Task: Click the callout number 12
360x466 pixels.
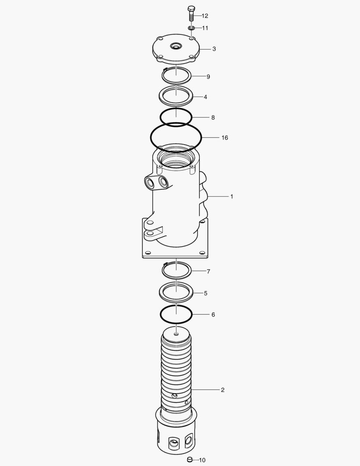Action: pyautogui.click(x=205, y=16)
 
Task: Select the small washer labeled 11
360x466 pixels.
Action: pyautogui.click(x=191, y=28)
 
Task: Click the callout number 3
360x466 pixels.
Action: pyautogui.click(x=214, y=49)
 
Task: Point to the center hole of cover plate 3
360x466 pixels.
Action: pyautogui.click(x=176, y=45)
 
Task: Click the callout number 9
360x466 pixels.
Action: pyautogui.click(x=208, y=77)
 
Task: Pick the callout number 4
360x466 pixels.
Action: pyautogui.click(x=205, y=97)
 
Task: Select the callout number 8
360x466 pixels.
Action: pyautogui.click(x=213, y=117)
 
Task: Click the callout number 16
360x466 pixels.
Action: pyautogui.click(x=225, y=138)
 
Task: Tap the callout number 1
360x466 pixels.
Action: pyautogui.click(x=232, y=196)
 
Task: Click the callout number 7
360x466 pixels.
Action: pyautogui.click(x=208, y=271)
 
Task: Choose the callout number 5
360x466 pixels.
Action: pyautogui.click(x=206, y=293)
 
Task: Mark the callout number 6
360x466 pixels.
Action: pyautogui.click(x=213, y=315)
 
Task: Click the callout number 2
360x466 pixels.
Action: pyautogui.click(x=222, y=390)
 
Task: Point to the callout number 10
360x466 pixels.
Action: pyautogui.click(x=202, y=460)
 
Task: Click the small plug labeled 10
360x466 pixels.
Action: pyautogui.click(x=188, y=460)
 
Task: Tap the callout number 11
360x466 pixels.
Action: pyautogui.click(x=205, y=28)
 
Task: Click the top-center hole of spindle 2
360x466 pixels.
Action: pyautogui.click(x=176, y=333)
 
